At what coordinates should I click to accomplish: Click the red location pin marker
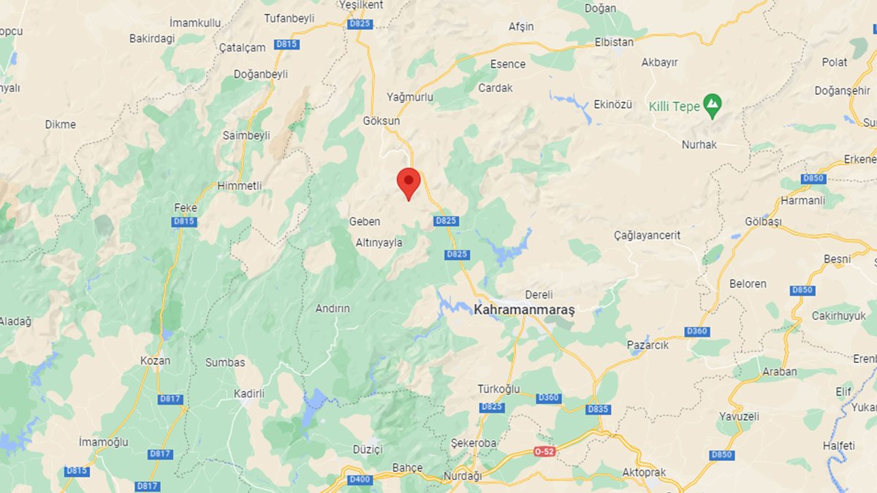[x=409, y=181]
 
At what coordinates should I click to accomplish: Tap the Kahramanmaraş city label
[x=524, y=310]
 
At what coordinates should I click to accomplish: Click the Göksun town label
[x=381, y=121]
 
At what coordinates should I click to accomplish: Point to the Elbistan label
[x=614, y=42]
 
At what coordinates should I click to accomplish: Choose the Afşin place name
[x=521, y=26]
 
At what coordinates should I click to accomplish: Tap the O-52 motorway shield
[x=544, y=451]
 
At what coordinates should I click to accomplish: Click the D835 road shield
[x=598, y=409]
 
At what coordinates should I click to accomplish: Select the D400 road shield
[x=360, y=479]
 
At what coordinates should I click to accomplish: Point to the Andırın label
[x=333, y=308]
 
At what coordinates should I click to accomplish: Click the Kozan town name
[x=155, y=361]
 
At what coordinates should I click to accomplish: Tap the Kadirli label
[x=248, y=394]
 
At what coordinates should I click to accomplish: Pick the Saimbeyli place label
[x=246, y=135]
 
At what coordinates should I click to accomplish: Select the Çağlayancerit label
[x=648, y=235]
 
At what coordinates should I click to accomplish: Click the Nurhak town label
[x=699, y=145]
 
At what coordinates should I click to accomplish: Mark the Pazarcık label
[x=648, y=345]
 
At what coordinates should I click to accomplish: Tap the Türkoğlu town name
[x=498, y=389]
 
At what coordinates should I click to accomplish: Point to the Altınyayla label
[x=378, y=242]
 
